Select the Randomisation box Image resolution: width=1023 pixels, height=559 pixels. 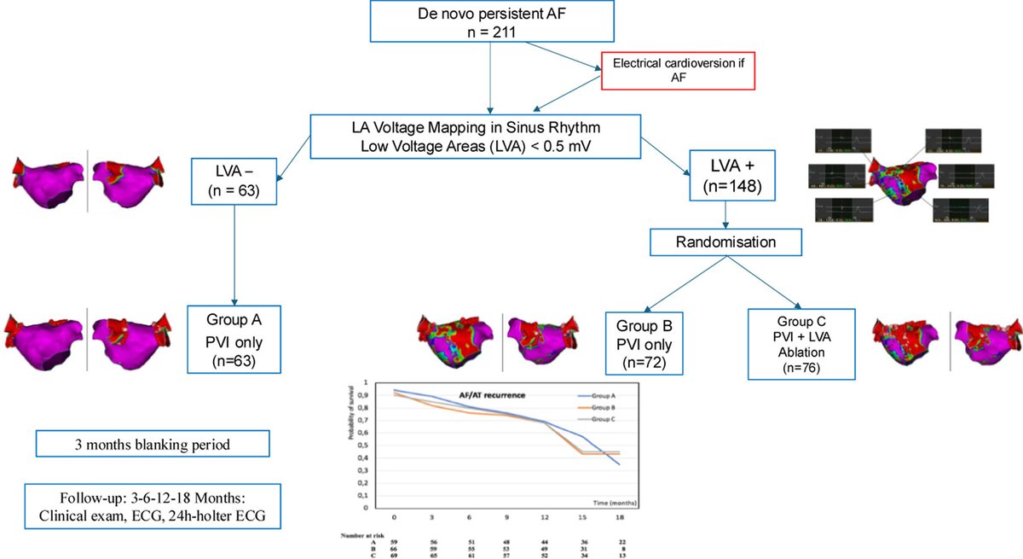(x=726, y=242)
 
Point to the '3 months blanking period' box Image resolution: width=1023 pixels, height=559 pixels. (x=153, y=444)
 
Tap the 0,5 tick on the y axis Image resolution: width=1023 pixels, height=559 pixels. (x=367, y=445)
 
